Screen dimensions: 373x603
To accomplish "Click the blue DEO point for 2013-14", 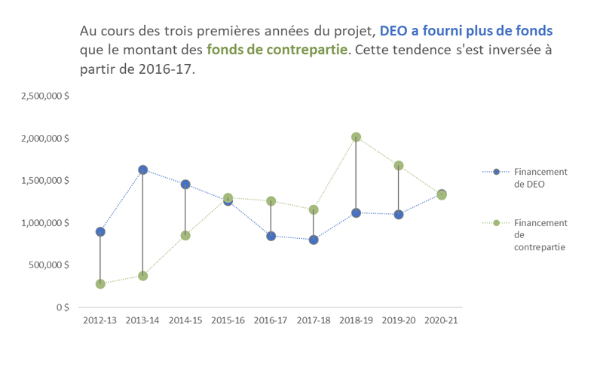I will tap(142, 170).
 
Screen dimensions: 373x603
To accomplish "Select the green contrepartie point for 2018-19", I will tap(356, 137).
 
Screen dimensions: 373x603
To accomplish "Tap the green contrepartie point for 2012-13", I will tap(100, 284).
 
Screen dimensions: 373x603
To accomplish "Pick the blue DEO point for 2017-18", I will tap(314, 240).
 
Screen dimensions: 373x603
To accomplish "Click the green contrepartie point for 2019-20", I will tap(399, 166).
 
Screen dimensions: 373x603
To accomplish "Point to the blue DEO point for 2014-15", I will tap(185, 185).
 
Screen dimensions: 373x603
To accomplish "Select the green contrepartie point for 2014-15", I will tap(185, 235).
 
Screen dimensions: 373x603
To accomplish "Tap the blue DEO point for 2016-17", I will tap(271, 236).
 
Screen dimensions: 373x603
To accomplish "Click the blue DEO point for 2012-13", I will tap(100, 231).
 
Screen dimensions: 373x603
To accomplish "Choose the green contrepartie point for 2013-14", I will tap(142, 276).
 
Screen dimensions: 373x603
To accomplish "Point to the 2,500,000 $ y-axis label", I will tap(47, 96).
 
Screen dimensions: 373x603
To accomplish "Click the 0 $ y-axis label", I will tap(63, 307).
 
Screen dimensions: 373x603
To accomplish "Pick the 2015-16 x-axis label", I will tap(228, 320).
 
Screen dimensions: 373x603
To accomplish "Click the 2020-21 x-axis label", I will tap(441, 320).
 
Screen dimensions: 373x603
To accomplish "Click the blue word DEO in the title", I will tap(394, 32).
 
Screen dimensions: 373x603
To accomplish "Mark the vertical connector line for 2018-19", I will tap(356, 175).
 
